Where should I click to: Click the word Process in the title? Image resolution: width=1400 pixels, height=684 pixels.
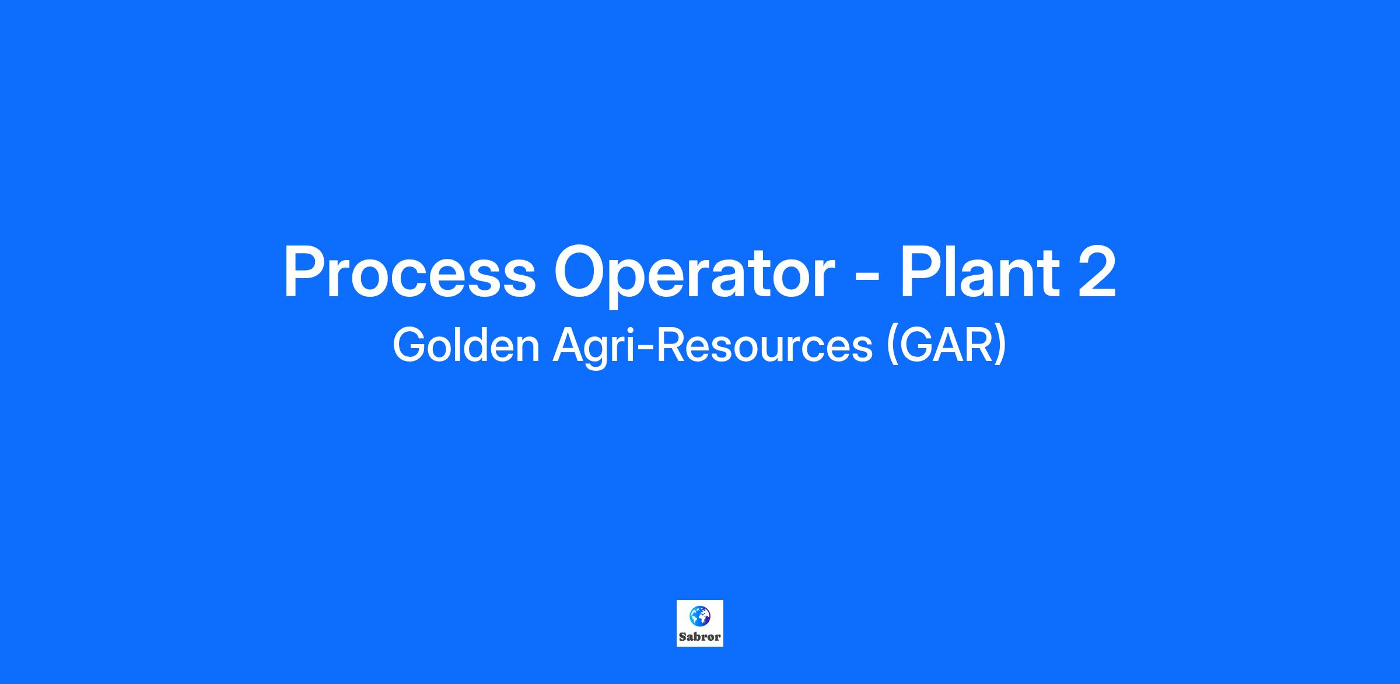coord(409,272)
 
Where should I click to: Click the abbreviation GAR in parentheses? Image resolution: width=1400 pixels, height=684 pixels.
coord(946,345)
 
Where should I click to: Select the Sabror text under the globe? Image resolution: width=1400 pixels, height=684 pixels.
coord(700,637)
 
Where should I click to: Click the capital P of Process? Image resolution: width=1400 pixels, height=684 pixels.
coord(304,272)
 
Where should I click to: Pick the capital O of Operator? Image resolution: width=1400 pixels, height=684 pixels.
coord(580,272)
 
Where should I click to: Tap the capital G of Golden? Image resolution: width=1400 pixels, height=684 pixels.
coord(410,345)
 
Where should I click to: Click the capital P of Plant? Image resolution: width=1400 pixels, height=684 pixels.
coord(921,272)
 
